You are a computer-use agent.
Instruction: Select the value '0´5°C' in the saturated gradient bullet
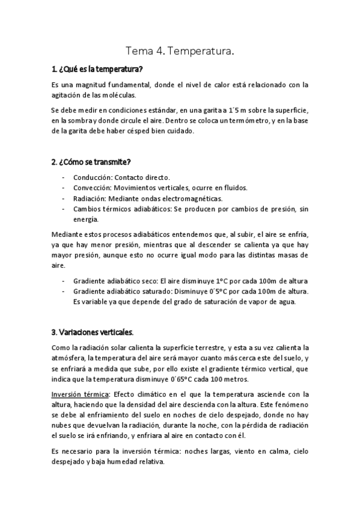(x=212, y=291)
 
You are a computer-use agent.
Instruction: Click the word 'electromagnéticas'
(x=188, y=198)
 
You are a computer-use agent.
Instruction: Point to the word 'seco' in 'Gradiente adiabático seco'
(x=147, y=281)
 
